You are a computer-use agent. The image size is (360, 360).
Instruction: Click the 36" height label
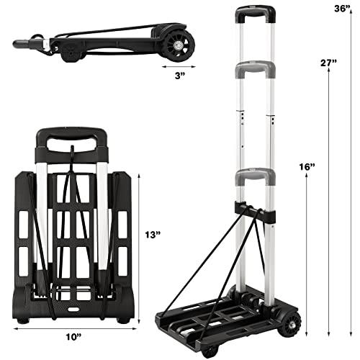click(343, 9)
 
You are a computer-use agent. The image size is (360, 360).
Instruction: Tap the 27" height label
click(329, 63)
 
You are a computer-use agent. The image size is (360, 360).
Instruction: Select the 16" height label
click(307, 166)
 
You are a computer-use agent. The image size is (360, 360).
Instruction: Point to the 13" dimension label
click(153, 235)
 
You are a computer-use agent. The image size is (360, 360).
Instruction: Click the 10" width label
click(74, 337)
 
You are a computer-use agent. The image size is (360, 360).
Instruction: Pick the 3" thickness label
click(180, 76)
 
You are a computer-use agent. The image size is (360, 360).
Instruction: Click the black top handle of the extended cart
click(256, 13)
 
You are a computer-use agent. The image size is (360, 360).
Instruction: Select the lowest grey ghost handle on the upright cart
click(255, 176)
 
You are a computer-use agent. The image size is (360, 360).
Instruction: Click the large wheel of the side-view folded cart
click(179, 45)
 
